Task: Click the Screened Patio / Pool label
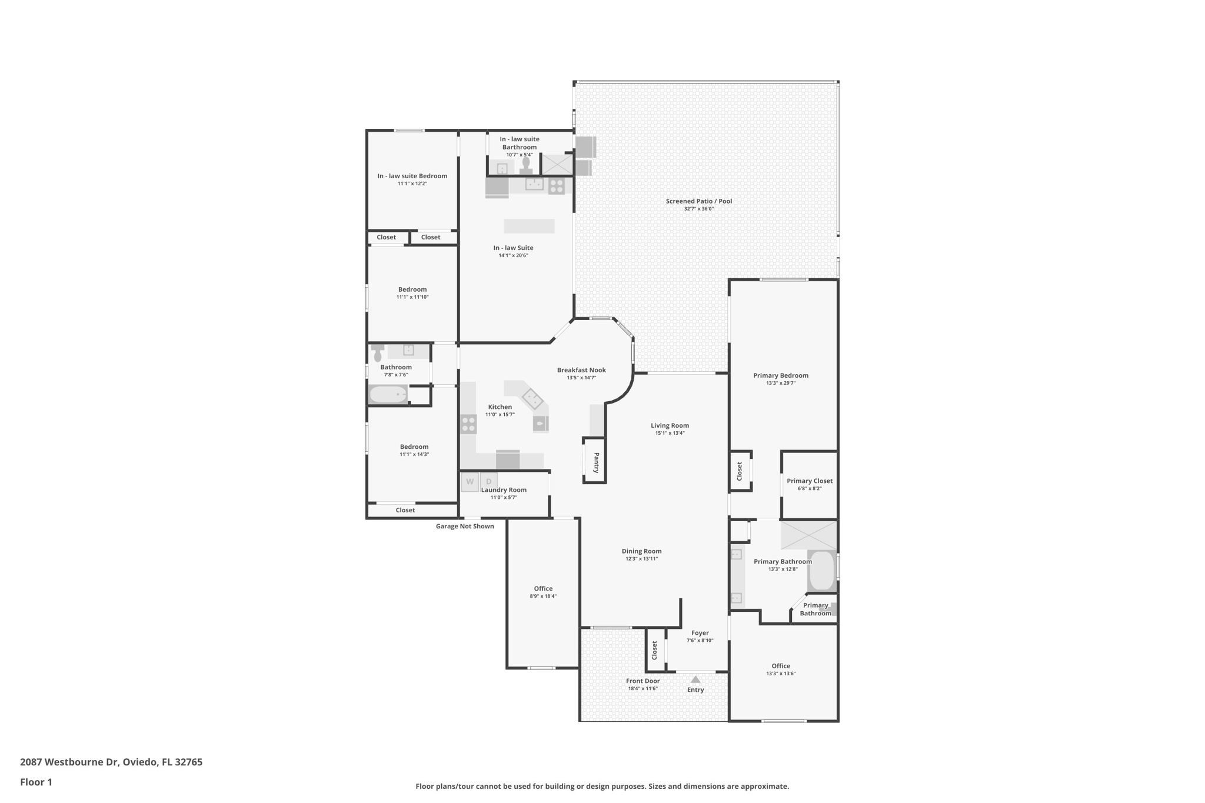(698, 201)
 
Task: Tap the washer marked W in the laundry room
(470, 482)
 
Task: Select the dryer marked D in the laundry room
(488, 482)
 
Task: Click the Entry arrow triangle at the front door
(695, 679)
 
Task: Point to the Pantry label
(596, 462)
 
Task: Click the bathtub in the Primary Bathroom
(821, 571)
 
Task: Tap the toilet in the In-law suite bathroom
(526, 163)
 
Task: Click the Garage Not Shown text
(465, 527)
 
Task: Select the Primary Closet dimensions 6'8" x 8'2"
(810, 489)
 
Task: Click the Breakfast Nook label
(581, 370)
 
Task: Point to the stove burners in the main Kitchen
(468, 424)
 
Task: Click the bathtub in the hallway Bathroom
(388, 395)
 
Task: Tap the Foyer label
(700, 633)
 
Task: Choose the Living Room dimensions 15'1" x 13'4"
(670, 434)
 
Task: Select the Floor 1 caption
(36, 782)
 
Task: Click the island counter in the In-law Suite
(529, 226)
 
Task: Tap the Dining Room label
(641, 551)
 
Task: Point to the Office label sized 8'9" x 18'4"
(543, 589)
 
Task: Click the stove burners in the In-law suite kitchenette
(556, 186)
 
